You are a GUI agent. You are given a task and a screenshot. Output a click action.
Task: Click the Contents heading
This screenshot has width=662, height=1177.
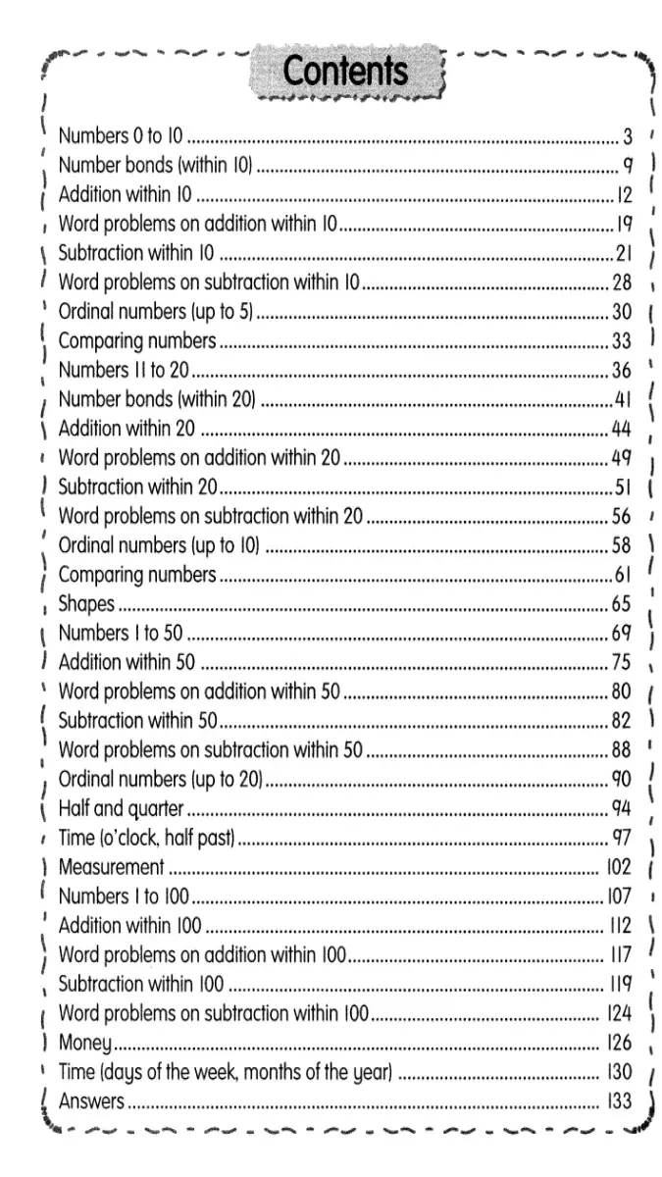coord(344,73)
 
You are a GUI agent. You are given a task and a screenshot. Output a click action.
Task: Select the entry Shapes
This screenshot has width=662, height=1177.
coord(86,603)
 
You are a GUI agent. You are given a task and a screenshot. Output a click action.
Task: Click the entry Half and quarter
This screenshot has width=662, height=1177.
coord(122,808)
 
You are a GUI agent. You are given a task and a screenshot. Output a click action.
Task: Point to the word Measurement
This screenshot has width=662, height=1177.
coord(111,867)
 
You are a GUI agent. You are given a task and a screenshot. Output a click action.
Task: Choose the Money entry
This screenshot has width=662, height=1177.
coord(84,1043)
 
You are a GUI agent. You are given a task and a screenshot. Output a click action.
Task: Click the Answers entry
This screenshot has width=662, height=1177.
coord(91,1101)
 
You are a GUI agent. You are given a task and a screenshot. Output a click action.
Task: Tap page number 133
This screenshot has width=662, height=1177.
coord(619,1101)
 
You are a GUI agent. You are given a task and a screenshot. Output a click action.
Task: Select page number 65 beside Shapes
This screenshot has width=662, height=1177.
coord(622,603)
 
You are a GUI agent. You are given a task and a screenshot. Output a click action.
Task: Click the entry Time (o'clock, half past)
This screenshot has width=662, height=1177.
coord(147,838)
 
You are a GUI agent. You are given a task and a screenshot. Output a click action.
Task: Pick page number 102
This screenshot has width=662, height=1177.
coord(619,867)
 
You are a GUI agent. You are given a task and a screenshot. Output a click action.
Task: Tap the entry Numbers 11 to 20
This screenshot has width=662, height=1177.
coord(124,371)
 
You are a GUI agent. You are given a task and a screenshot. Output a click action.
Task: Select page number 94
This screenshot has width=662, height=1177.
coord(622,808)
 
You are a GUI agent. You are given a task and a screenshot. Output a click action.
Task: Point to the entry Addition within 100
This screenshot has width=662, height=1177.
coord(129,925)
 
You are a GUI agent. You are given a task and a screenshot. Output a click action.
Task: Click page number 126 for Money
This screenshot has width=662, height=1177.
coord(619,1043)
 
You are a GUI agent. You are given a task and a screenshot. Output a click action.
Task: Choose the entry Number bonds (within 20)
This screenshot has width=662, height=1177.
coord(157,399)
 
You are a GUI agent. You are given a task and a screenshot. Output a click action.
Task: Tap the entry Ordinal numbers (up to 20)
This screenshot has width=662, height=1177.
coord(161,779)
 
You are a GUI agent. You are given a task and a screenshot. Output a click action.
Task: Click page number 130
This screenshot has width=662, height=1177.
coord(619,1072)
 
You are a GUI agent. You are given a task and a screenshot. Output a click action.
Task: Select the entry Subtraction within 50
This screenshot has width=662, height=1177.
coord(137,721)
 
